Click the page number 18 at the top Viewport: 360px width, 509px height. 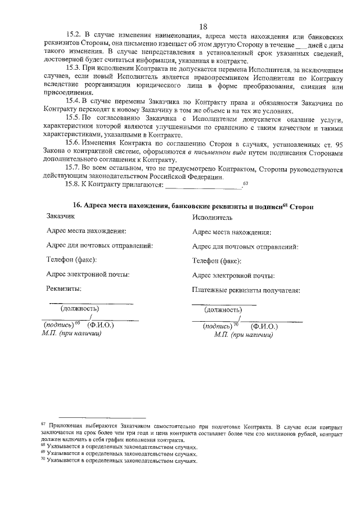(203, 26)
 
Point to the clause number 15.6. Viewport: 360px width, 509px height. (75, 143)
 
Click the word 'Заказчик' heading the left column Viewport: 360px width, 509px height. (62, 217)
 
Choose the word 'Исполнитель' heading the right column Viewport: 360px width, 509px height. (212, 217)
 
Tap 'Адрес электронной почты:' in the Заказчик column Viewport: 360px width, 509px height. (88, 274)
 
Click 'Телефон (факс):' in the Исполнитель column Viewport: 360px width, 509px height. (217, 261)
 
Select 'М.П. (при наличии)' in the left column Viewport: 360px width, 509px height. (71, 334)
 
